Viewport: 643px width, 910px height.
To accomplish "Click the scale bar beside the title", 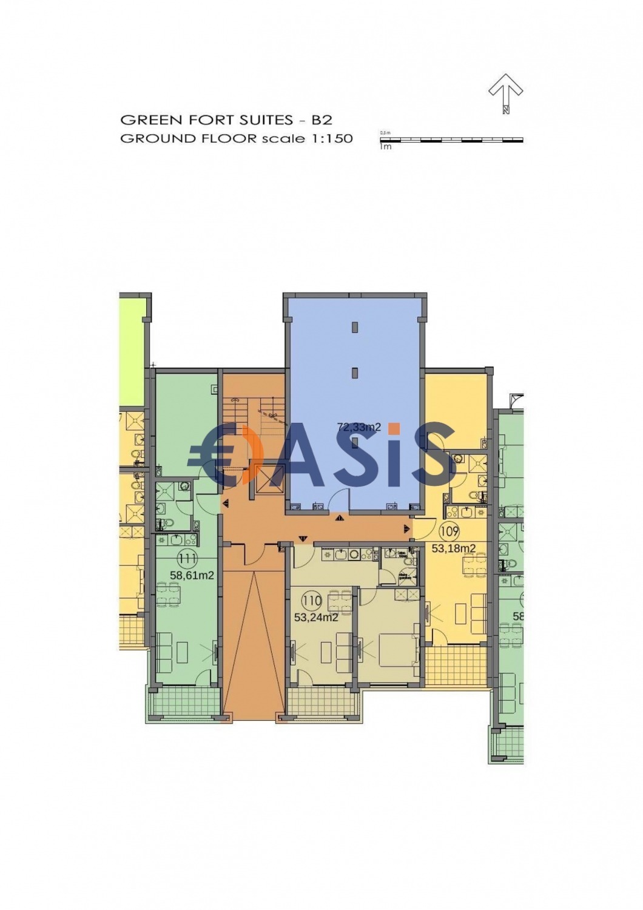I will tap(451, 140).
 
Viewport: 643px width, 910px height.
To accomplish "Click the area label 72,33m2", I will tap(359, 427).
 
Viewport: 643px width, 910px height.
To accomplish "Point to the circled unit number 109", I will tap(449, 533).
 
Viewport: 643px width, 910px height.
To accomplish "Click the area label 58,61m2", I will tap(192, 576).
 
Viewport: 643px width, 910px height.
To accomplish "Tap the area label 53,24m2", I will tap(316, 618).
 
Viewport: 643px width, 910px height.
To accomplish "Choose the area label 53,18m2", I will tap(453, 548).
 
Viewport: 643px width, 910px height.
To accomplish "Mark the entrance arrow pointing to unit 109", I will tap(407, 528).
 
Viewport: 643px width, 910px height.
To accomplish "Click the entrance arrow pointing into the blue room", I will tap(338, 517).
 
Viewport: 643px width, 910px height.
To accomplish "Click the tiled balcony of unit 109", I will tap(455, 665).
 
